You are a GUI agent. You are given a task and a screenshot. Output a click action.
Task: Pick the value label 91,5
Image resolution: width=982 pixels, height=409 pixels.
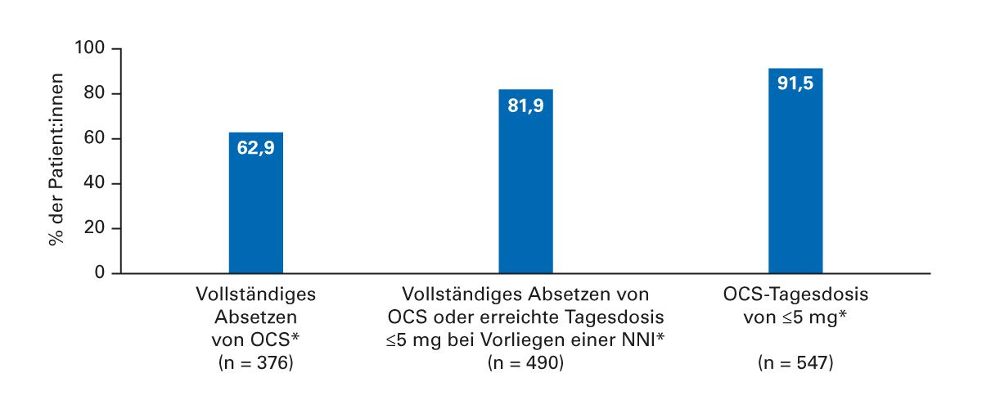pyautogui.click(x=795, y=83)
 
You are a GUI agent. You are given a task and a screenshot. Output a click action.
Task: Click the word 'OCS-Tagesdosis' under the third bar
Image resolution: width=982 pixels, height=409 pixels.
pyautogui.click(x=795, y=294)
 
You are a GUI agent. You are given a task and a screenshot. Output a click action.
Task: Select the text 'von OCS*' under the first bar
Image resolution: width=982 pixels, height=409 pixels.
pyautogui.click(x=256, y=339)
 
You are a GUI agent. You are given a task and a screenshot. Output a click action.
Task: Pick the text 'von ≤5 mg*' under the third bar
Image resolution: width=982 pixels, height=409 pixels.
pyautogui.click(x=795, y=317)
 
